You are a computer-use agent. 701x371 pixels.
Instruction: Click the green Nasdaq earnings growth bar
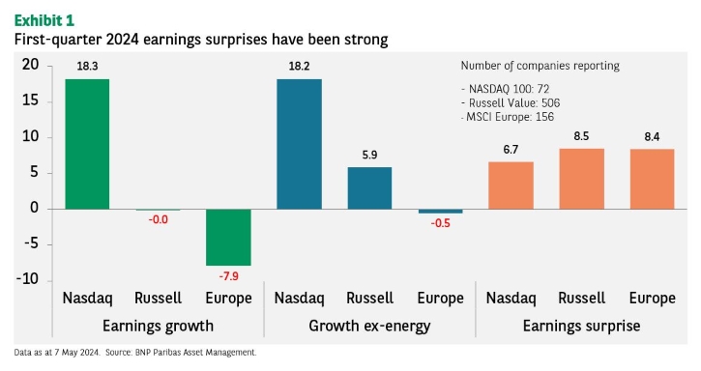[x=87, y=144]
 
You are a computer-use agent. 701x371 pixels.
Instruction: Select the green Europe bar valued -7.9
[x=228, y=238]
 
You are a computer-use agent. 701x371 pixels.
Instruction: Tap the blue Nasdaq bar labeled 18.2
[x=299, y=144]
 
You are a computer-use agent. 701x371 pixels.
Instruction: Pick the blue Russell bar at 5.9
[x=369, y=188]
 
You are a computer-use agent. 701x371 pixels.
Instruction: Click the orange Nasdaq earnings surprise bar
[x=511, y=185]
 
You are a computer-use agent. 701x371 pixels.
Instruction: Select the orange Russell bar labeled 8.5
[x=582, y=179]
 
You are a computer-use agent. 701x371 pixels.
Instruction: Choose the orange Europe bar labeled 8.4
[x=653, y=180]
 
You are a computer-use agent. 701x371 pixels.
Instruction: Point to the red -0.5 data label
[x=440, y=223]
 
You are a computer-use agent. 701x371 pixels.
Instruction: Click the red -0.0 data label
[x=159, y=219]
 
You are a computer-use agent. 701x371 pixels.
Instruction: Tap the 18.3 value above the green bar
[x=87, y=66]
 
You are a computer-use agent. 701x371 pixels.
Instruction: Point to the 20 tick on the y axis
[x=30, y=65]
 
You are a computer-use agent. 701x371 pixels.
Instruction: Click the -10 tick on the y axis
[x=28, y=279]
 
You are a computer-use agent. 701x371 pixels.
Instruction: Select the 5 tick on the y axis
[x=35, y=172]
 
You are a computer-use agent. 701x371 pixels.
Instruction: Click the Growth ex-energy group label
[x=369, y=326]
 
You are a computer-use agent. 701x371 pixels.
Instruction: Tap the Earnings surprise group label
[x=582, y=326]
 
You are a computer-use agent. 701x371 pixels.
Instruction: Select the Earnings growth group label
[x=159, y=326]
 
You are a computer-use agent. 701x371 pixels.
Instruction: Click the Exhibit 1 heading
[x=44, y=20]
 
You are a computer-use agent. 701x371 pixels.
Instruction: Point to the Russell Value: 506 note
[x=511, y=103]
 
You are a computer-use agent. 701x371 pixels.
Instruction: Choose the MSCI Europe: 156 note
[x=508, y=117]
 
